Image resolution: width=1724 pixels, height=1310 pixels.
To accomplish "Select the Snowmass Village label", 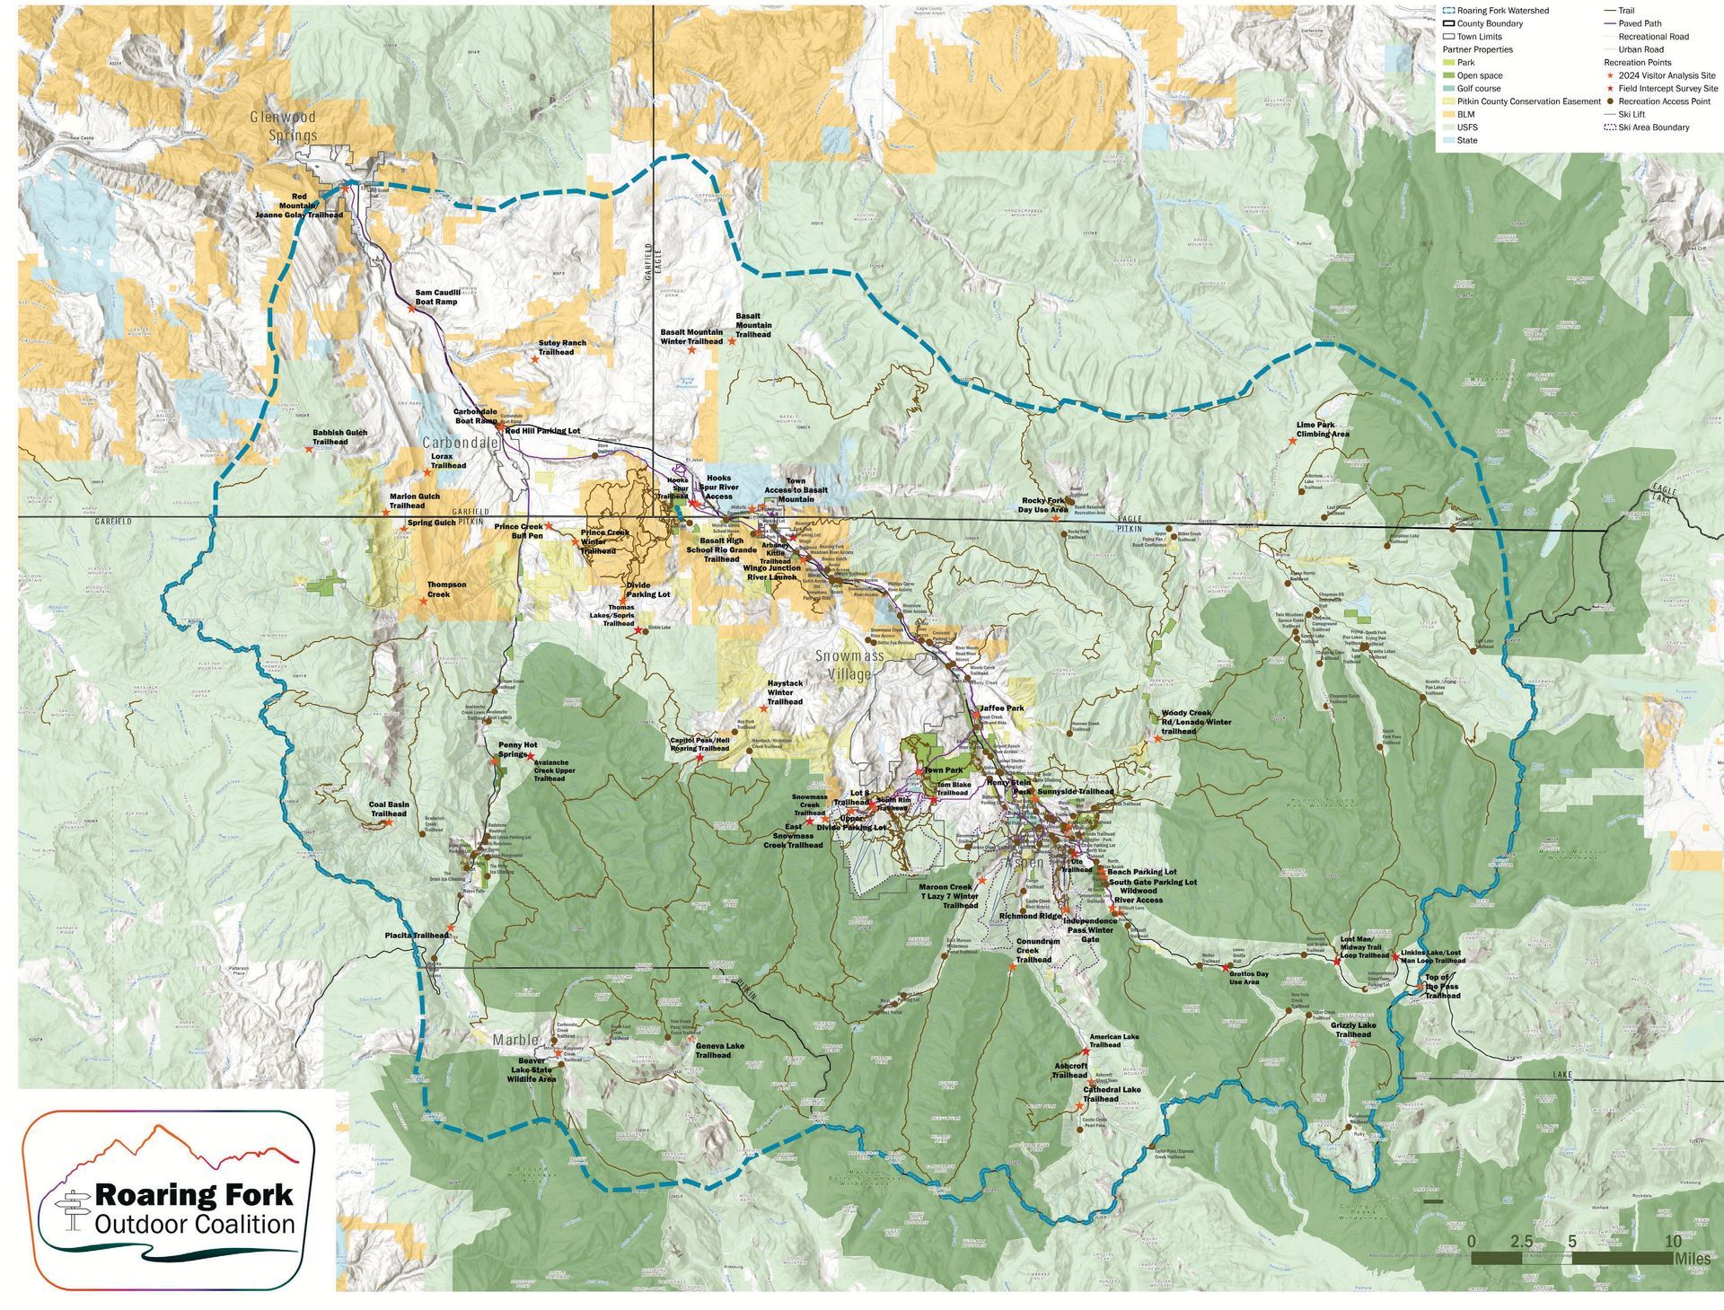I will click(849, 665).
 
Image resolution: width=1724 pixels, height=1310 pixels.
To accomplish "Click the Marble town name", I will click(515, 1040).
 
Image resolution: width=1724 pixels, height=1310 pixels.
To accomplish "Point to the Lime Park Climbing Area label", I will click(1323, 430).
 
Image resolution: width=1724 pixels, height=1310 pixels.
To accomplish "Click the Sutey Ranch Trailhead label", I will click(562, 347).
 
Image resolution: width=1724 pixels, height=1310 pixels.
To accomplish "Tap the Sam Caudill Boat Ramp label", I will click(436, 297).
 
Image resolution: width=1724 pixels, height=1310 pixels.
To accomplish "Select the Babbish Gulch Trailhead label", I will click(339, 437).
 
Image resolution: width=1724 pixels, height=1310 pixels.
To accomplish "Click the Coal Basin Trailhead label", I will click(389, 809).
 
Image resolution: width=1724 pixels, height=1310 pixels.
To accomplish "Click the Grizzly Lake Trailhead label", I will click(1352, 1030).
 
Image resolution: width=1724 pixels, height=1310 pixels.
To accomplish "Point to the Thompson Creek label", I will click(446, 589).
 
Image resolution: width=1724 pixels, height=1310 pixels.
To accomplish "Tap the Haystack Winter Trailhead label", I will click(785, 692).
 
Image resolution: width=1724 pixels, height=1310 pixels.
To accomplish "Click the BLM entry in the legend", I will click(1465, 114).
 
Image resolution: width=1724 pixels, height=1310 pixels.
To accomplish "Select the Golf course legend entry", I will click(1478, 89).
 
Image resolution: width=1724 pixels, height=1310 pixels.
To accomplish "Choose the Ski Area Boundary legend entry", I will click(1654, 127).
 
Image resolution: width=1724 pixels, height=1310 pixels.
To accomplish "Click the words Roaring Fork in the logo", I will click(193, 1195).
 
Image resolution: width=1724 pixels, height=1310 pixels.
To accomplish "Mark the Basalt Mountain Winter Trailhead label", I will click(690, 337).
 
